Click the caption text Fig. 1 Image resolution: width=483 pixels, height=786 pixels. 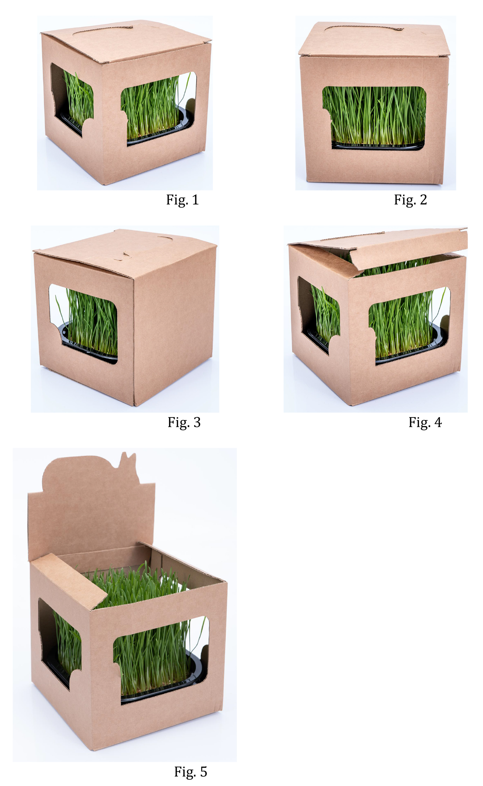coord(182,200)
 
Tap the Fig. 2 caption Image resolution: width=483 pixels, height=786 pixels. coord(411,200)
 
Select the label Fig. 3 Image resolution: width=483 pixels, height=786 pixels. coord(184,423)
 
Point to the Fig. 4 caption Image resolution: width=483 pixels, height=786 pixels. coord(425,423)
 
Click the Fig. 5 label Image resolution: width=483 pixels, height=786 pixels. coord(191,772)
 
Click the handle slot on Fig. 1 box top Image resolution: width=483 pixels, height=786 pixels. coord(102,29)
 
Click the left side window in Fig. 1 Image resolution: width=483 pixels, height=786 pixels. coord(72,99)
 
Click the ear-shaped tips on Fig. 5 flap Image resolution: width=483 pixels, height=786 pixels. coord(128,461)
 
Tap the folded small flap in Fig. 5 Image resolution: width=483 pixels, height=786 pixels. coord(69,581)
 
